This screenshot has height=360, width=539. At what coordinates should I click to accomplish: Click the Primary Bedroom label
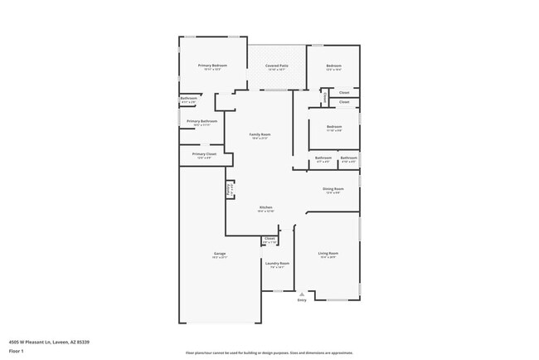pyautogui.click(x=212, y=66)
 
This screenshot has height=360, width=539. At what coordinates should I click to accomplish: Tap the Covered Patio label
pyautogui.click(x=277, y=66)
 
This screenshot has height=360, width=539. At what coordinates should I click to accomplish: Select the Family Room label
pyautogui.click(x=260, y=134)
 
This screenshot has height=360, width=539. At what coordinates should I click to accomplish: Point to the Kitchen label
pyautogui.click(x=266, y=207)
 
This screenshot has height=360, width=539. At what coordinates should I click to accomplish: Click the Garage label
pyautogui.click(x=220, y=254)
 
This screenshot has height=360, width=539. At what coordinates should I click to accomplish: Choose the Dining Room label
pyautogui.click(x=334, y=188)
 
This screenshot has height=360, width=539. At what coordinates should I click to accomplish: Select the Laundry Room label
pyautogui.click(x=277, y=264)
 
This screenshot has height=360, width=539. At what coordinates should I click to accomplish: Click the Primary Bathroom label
pyautogui.click(x=203, y=121)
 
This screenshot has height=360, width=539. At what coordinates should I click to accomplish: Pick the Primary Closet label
pyautogui.click(x=204, y=153)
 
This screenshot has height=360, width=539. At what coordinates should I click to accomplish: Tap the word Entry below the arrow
pyautogui.click(x=302, y=300)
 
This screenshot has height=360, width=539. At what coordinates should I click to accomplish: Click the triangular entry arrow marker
pyautogui.click(x=302, y=294)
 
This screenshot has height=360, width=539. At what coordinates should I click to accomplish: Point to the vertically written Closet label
pyautogui.click(x=326, y=98)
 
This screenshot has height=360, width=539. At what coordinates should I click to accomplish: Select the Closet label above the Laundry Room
pyautogui.click(x=269, y=239)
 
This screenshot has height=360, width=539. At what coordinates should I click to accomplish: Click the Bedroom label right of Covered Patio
pyautogui.click(x=333, y=66)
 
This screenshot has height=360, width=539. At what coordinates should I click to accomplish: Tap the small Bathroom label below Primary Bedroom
pyautogui.click(x=188, y=99)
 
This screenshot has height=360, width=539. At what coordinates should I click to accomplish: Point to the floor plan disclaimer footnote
pyautogui.click(x=269, y=353)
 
